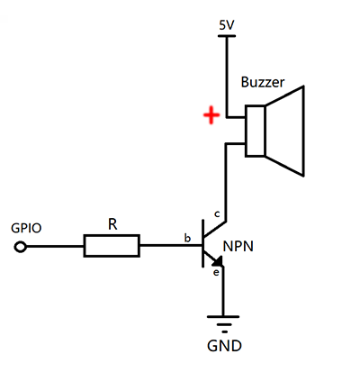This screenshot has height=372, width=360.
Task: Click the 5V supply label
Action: coord(227,25)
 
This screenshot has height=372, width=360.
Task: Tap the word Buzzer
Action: coord(263,82)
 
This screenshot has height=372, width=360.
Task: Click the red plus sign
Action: coord(211,115)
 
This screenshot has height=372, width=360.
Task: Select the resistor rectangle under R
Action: coord(112,246)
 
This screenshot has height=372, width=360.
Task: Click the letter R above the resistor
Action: coord(112,224)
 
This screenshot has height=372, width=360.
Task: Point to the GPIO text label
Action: coord(26,228)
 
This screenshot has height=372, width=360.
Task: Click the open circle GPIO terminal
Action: coord(21,247)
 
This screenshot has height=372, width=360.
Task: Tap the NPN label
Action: coord(238,246)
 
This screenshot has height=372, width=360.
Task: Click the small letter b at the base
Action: coord(187,238)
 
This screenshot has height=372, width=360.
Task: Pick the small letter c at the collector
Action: coord(217,214)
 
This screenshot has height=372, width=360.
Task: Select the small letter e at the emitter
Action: coord(216,273)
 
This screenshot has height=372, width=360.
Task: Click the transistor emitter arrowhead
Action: coord(218,260)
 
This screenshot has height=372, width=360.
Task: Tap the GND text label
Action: coord(224,346)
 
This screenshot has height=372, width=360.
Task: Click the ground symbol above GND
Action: coord(223,324)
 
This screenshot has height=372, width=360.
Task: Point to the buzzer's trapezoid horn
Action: coord(285,131)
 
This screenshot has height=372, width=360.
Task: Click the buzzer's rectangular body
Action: coord(256,131)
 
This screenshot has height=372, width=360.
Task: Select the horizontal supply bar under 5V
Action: coord(227,36)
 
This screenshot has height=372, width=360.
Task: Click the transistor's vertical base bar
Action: coord(203,243)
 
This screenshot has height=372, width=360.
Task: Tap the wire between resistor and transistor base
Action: coord(171,246)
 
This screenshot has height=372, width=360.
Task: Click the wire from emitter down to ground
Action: coord(223,291)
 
